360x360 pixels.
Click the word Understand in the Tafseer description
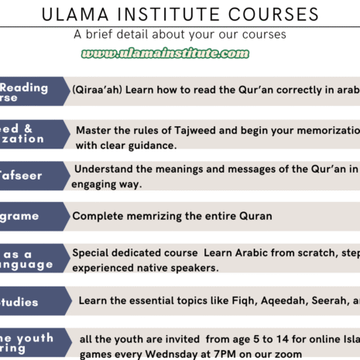(104, 170)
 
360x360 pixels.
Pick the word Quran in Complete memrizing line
(256, 216)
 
